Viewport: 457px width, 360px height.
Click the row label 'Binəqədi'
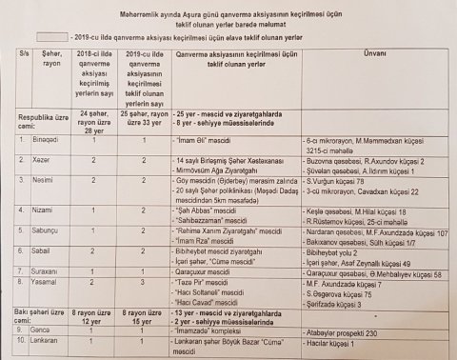coord(48,139)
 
